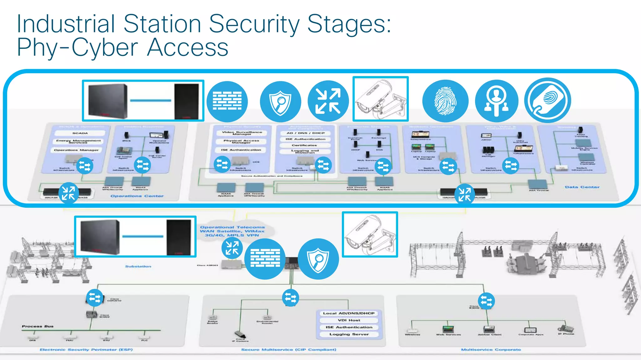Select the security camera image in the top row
[x=381, y=99]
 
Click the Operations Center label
[x=137, y=196]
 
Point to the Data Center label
[x=582, y=187]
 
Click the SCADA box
[x=80, y=133]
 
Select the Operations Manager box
[x=76, y=150]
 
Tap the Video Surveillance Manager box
[x=242, y=133]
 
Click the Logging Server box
[x=349, y=334]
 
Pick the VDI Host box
[x=349, y=320]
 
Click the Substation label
[x=138, y=266]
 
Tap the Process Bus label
[x=38, y=326]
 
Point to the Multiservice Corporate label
[x=491, y=350]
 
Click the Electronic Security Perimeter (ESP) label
[x=86, y=350]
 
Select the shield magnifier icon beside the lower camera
[x=318, y=259]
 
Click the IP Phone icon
[x=566, y=329]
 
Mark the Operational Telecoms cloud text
[x=232, y=231]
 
